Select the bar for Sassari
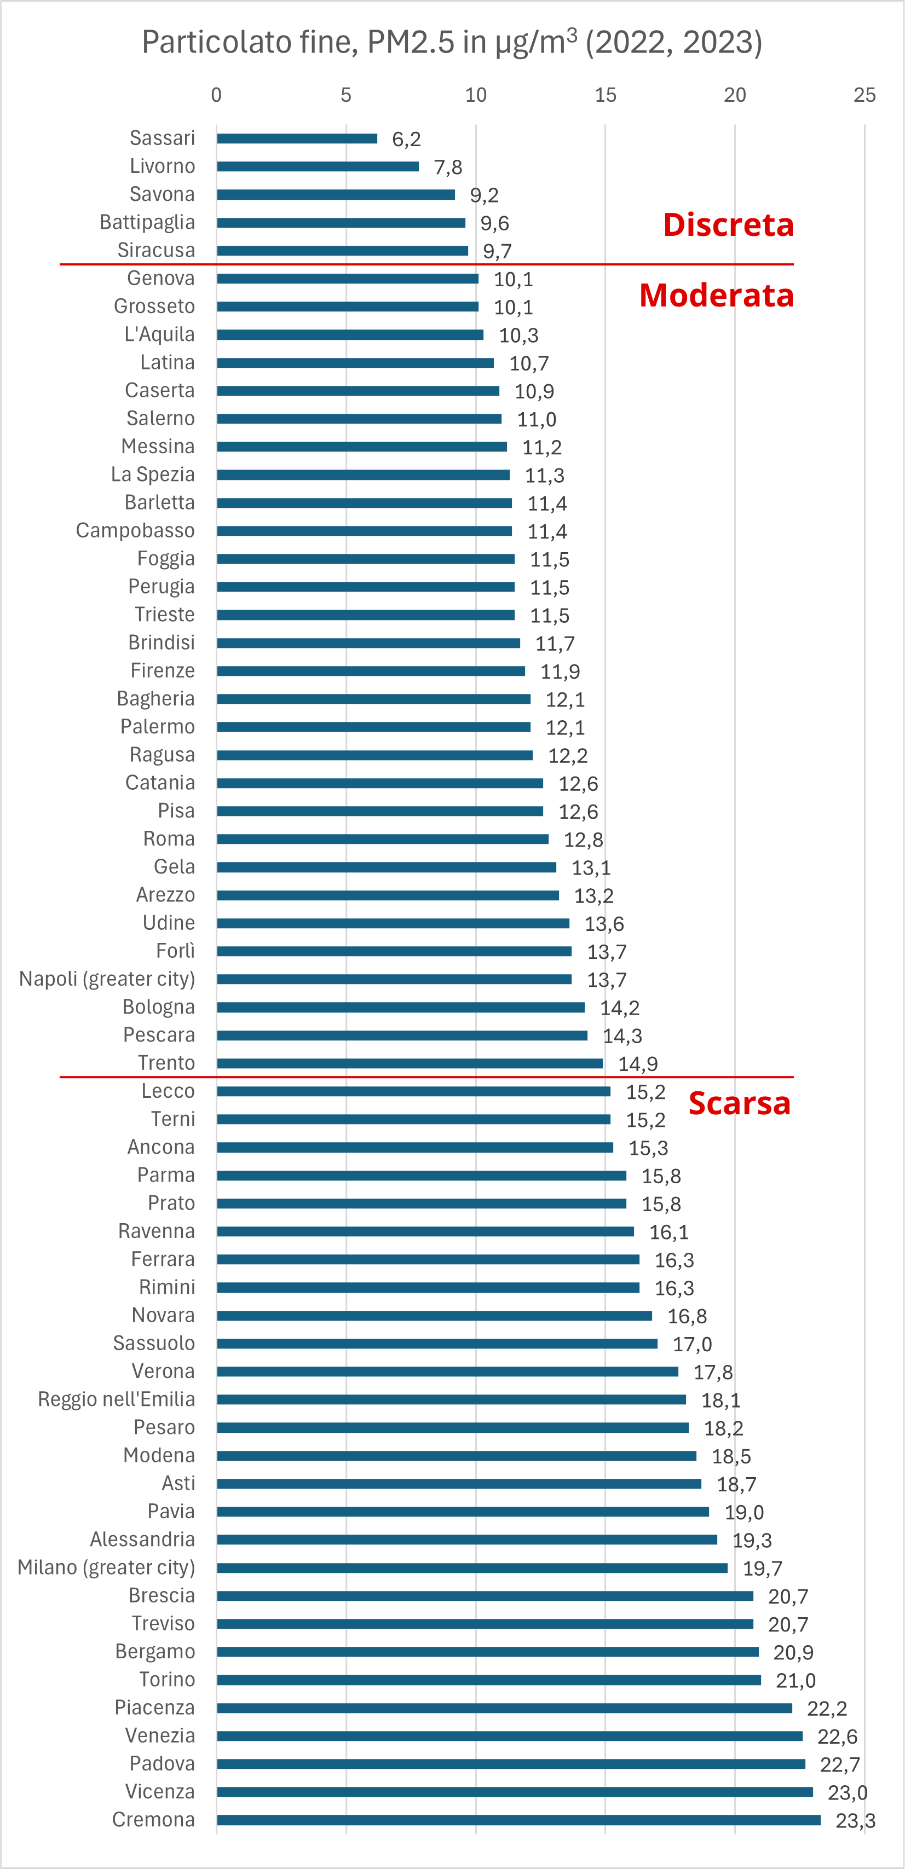coord(297,138)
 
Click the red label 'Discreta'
coord(728,225)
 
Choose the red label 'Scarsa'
coord(739,1103)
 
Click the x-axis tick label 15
coord(606,95)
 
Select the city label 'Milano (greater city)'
coord(107,1567)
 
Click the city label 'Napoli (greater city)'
coord(107,979)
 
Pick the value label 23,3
coord(855,1820)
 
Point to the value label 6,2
coord(406,140)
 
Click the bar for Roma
coord(383,839)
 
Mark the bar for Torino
coord(488,1680)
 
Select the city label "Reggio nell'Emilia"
coord(117,1399)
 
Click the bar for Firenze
coord(371,671)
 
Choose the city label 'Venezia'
coord(160,1735)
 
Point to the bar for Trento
coord(410,1063)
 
